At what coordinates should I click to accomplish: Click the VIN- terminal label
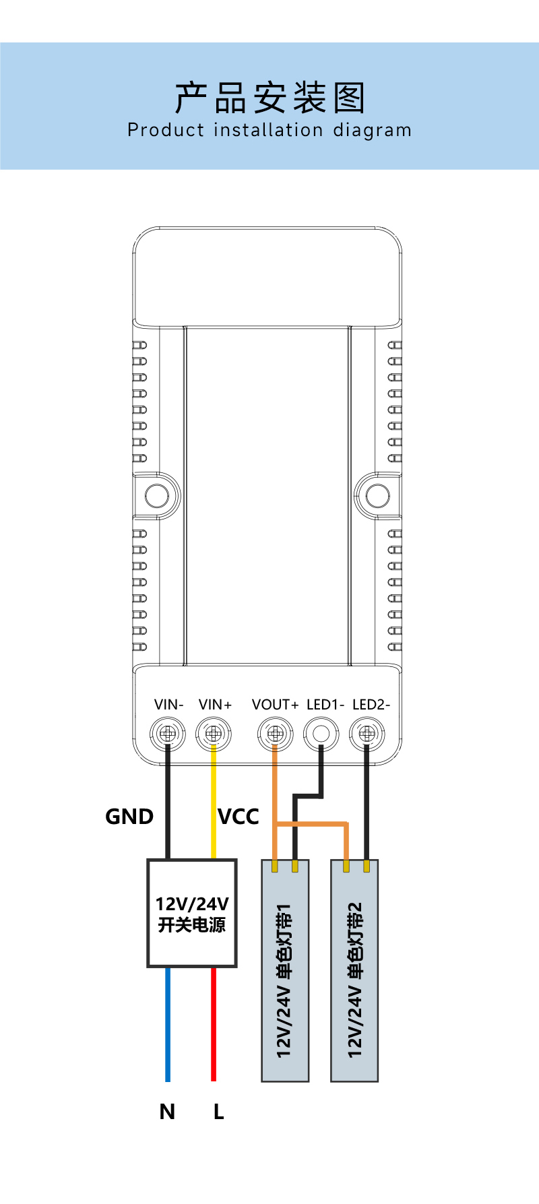pos(168,705)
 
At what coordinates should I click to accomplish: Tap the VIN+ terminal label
pos(215,705)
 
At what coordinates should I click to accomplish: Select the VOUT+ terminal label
pos(275,705)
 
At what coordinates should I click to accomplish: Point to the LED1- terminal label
pos(325,705)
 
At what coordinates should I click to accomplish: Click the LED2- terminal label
pos(371,705)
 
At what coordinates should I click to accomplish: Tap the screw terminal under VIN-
pos(168,733)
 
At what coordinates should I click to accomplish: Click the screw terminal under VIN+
pos(214,733)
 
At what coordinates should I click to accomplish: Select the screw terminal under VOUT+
pos(275,733)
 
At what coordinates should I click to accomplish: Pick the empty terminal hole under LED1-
pos(321,733)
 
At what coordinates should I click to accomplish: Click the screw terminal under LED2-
pos(367,733)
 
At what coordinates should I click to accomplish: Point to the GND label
pos(129,817)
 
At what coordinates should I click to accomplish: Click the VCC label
pos(239,817)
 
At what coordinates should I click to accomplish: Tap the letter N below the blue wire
pos(167,1112)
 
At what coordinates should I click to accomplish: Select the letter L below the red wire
pos(218,1112)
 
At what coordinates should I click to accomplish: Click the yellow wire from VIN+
pos(214,802)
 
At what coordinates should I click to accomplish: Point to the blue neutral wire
pos(168,1024)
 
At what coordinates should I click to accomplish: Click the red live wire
pos(214,1024)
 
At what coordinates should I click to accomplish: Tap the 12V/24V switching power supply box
pos(192,914)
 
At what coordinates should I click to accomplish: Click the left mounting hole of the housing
pos(157,496)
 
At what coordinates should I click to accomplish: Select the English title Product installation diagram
pos(269,130)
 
